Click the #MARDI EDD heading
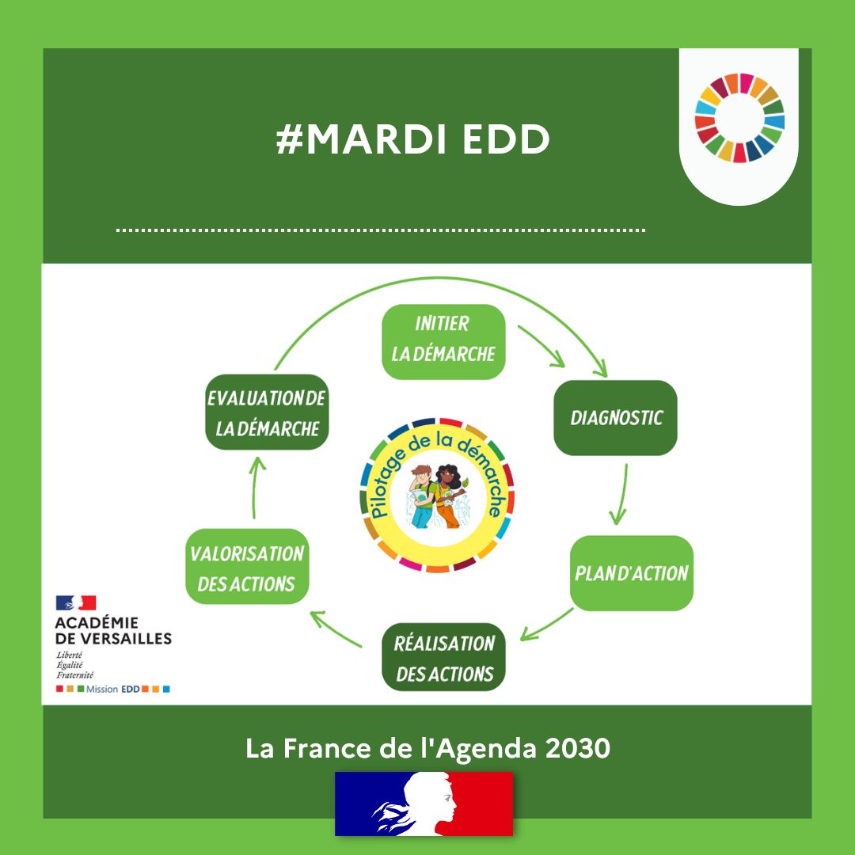coord(412,140)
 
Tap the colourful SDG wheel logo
coord(739,118)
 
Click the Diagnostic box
coord(615,417)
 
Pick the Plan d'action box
coord(631,572)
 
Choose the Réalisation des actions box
coord(443,657)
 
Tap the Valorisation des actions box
coord(247,567)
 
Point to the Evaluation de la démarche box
coord(267,412)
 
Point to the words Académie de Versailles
coord(113,630)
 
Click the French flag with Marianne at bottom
coord(424,803)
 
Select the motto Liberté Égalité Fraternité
coord(75,665)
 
